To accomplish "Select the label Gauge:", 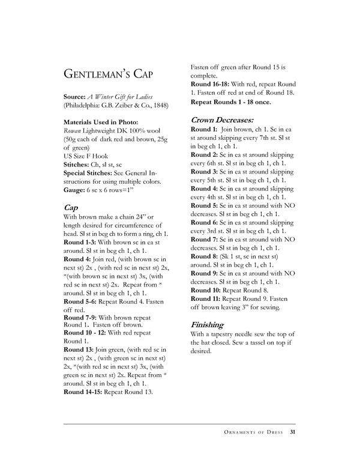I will [x=76, y=188].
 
